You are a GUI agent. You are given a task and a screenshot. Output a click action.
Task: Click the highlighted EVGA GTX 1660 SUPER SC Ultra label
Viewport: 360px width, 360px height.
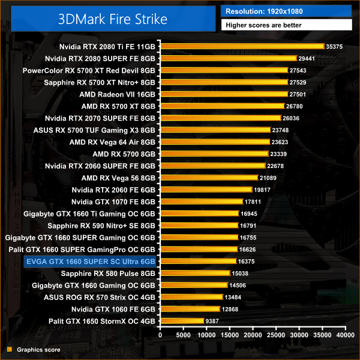(x=91, y=261)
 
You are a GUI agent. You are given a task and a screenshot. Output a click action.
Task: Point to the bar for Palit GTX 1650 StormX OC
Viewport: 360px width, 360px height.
(x=182, y=321)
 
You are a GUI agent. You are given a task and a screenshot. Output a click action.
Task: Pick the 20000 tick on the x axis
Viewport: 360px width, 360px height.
(x=253, y=335)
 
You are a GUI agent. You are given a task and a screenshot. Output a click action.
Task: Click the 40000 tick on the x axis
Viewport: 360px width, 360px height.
(x=345, y=335)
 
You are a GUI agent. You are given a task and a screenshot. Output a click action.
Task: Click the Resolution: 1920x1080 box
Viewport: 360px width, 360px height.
(x=286, y=11)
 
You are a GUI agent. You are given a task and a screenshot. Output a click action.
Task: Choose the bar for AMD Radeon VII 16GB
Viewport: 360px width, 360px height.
(x=224, y=94)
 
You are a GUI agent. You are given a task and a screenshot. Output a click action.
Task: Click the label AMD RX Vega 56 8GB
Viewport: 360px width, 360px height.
(x=118, y=178)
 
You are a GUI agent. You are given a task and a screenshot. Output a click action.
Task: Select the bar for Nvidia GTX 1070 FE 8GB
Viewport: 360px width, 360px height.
(x=201, y=202)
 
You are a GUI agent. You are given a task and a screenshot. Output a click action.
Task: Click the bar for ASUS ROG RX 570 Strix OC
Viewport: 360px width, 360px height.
(x=191, y=297)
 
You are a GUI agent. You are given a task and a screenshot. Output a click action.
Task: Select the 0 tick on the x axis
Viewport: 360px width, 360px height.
(x=160, y=335)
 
